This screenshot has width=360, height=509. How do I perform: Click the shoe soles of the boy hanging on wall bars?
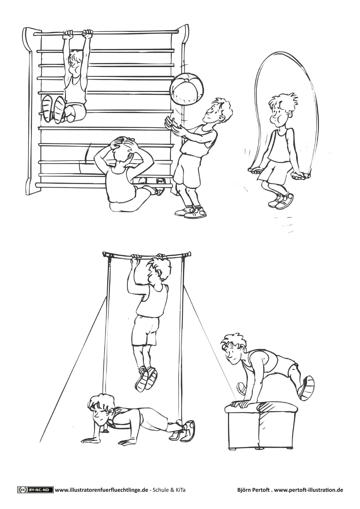(54, 109)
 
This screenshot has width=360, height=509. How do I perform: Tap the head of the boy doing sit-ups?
(121, 151)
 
